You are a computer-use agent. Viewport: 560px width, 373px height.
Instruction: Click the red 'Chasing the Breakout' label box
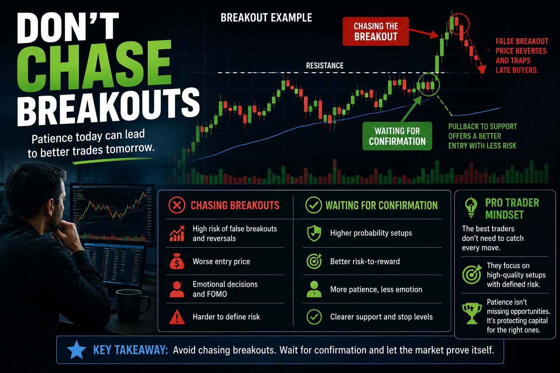point(376,31)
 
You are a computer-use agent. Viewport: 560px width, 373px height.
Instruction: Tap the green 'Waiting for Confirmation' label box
point(397,136)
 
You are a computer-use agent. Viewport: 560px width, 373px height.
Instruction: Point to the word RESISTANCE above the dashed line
point(325,66)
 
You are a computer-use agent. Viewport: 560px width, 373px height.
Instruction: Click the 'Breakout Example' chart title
point(266,18)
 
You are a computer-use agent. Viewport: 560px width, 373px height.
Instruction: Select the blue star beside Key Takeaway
point(77,350)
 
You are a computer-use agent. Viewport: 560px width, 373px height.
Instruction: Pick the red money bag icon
point(177,261)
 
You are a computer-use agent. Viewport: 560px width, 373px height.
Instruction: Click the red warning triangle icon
point(177,317)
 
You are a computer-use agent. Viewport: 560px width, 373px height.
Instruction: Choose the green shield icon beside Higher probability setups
point(314,233)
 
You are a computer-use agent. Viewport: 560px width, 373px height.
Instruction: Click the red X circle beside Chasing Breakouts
point(177,205)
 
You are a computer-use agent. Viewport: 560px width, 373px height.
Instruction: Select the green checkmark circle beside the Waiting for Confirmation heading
point(314,205)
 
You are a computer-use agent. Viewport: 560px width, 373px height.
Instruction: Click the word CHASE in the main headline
point(94,66)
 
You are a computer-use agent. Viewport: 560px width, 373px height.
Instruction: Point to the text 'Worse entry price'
point(221,262)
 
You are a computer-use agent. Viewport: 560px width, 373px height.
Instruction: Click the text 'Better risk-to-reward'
point(365,262)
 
